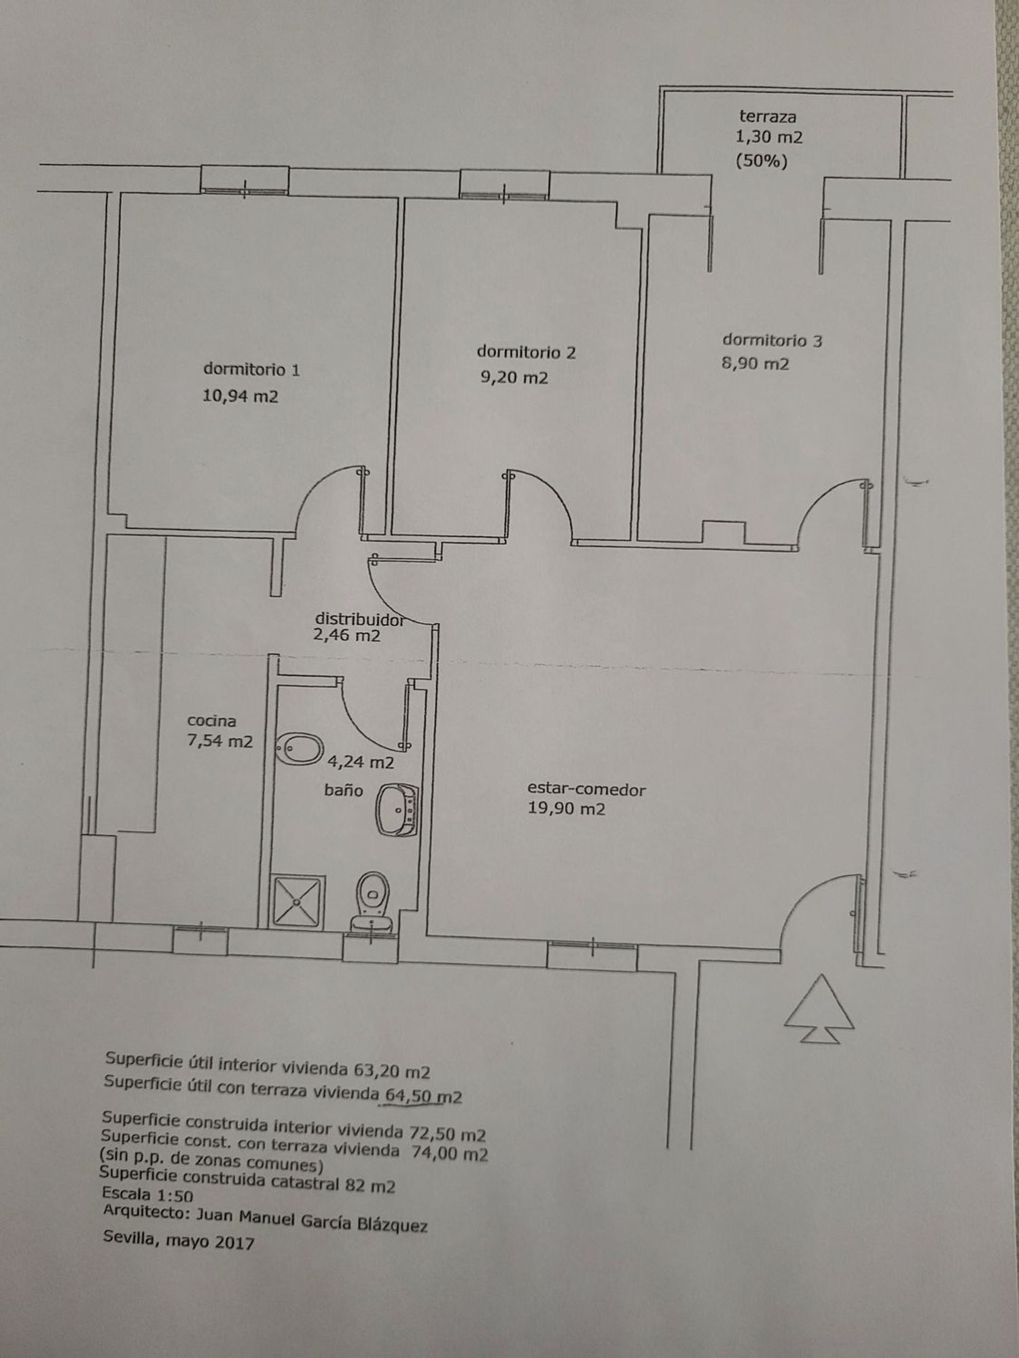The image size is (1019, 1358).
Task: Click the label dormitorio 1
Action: click(251, 369)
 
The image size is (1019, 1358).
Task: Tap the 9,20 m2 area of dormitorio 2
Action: click(514, 378)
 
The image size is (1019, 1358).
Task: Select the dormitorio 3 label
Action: click(772, 340)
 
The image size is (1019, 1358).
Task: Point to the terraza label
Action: click(768, 116)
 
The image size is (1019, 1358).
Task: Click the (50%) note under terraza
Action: click(761, 162)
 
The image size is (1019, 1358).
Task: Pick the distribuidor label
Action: click(359, 619)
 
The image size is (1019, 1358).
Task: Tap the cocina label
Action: click(212, 720)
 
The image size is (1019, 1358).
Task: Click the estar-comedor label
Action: click(586, 790)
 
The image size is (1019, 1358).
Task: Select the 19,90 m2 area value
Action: click(566, 809)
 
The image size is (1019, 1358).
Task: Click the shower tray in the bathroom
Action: click(298, 902)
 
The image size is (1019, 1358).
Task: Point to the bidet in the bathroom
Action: click(300, 749)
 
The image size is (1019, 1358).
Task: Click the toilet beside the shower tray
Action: click(372, 902)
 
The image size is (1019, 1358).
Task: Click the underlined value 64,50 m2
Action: click(423, 1095)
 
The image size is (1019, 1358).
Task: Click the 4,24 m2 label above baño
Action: click(361, 763)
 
